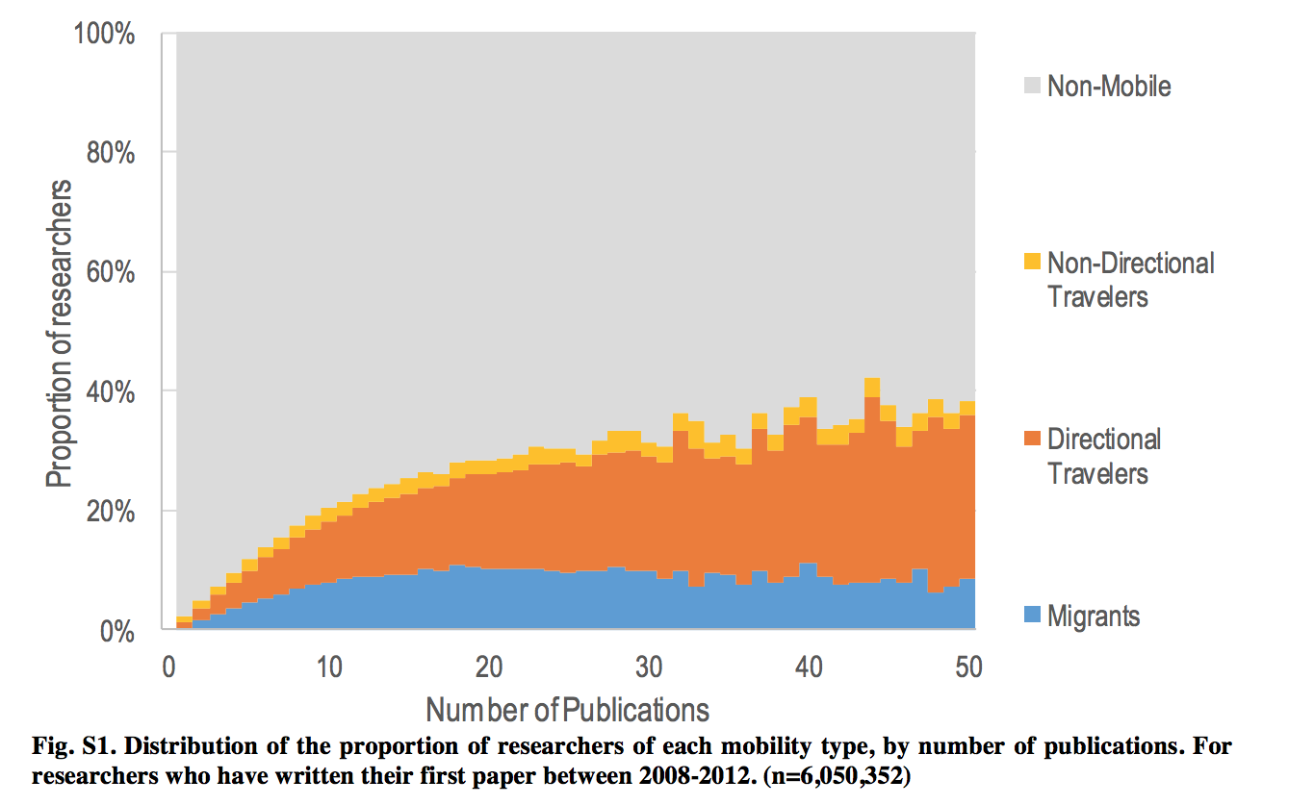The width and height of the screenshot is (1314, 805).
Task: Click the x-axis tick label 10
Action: click(x=329, y=667)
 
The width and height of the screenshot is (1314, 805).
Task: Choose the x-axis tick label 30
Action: click(x=650, y=667)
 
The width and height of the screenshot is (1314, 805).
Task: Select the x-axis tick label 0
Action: click(x=169, y=667)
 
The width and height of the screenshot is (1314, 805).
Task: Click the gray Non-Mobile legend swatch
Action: click(x=1031, y=86)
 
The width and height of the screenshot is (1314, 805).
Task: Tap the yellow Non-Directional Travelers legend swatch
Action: click(x=1031, y=262)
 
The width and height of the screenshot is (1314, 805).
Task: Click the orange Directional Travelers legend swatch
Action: click(x=1031, y=440)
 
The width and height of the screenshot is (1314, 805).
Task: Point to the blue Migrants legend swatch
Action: click(x=1031, y=616)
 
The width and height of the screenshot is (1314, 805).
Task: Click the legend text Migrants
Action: click(x=1093, y=616)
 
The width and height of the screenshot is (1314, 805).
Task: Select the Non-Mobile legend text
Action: click(x=1109, y=86)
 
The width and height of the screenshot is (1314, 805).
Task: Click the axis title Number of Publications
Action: click(x=568, y=710)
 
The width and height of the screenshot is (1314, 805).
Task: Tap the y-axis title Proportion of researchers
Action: click(x=60, y=332)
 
